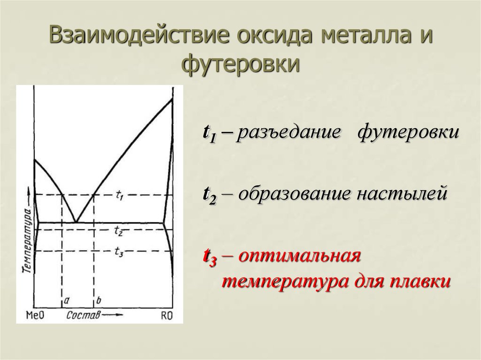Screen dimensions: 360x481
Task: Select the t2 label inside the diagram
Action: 119,230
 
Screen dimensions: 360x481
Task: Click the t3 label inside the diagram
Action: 119,252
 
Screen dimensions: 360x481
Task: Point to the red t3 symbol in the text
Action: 209,258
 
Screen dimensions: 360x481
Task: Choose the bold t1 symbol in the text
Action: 209,133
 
